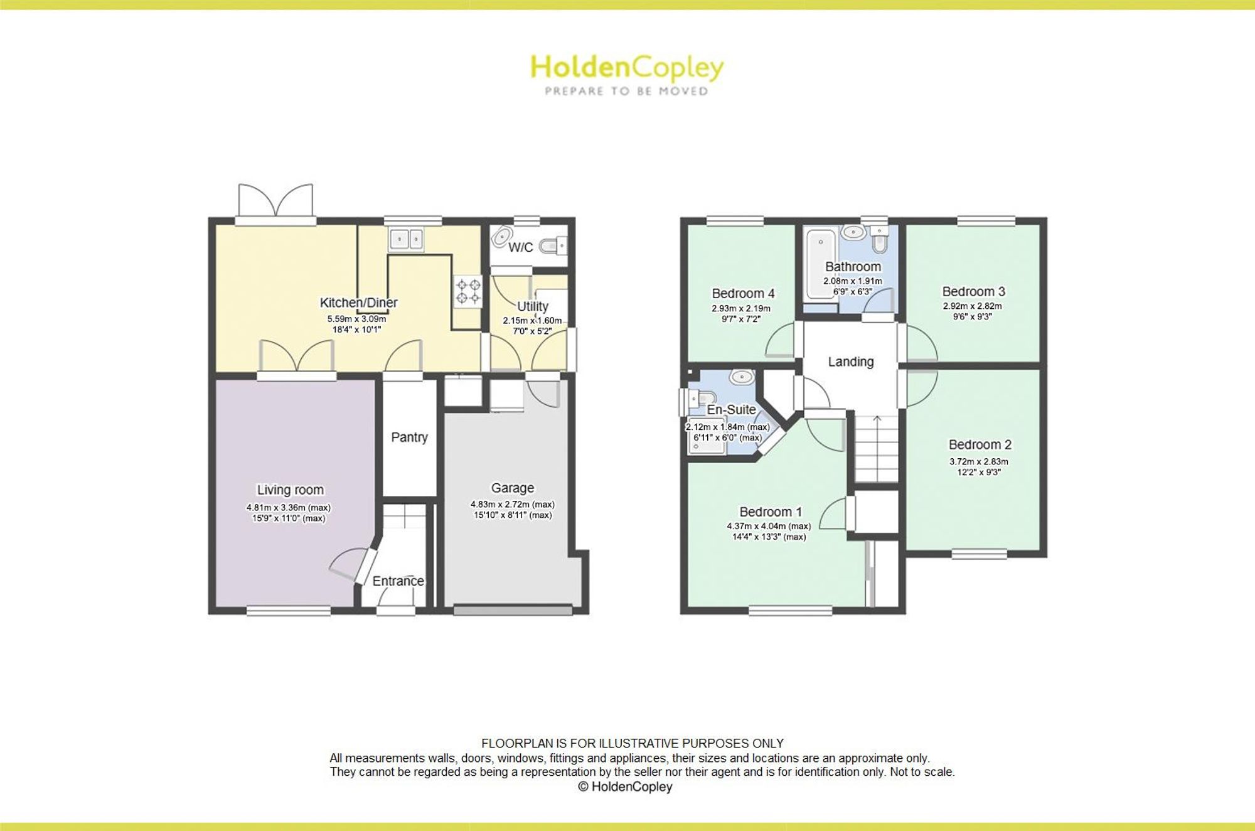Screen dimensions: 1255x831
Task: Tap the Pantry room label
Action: pos(409,437)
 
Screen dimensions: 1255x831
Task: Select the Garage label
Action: pos(513,488)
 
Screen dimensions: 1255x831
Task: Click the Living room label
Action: pos(290,490)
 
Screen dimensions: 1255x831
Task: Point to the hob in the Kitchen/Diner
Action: pos(468,292)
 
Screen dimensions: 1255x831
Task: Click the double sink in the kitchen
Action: pos(407,239)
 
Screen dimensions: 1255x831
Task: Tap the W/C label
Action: pos(520,247)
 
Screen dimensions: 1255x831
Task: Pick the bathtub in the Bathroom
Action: pos(821,264)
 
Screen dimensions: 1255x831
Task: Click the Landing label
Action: pos(850,362)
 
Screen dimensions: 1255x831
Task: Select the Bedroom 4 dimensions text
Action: pos(741,314)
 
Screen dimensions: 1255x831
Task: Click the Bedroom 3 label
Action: pos(973,292)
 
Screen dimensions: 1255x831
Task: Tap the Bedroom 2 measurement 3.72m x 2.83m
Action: pos(979,462)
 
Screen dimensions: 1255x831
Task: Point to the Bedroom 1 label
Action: pos(771,512)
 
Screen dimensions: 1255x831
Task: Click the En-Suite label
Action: pos(731,410)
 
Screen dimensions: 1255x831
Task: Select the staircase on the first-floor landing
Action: pos(877,448)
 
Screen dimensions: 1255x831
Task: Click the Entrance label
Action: pos(398,581)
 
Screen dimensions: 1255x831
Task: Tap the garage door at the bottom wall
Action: pos(513,609)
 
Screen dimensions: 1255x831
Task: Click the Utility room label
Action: pos(533,307)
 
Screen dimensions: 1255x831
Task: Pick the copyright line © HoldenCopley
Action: pos(625,787)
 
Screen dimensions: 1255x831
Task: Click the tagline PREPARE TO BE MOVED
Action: pos(626,92)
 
